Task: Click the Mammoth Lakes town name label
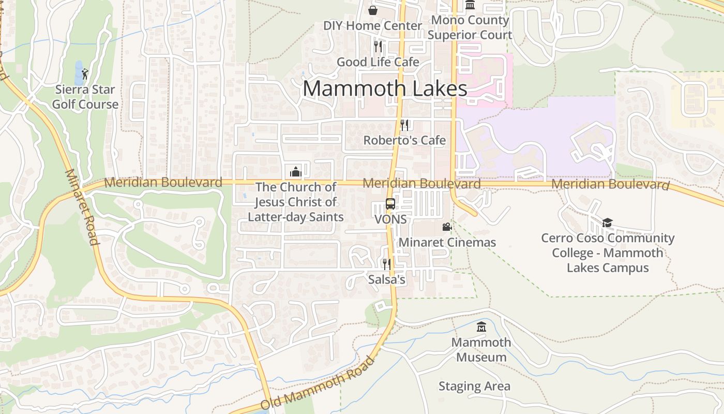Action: [x=385, y=88]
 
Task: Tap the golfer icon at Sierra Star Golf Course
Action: [x=85, y=74]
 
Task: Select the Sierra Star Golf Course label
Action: [x=87, y=97]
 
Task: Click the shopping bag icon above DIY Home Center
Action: [x=372, y=10]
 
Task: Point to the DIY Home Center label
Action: [x=372, y=25]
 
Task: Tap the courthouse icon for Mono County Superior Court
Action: [x=470, y=5]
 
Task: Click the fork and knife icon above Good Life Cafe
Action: [x=378, y=47]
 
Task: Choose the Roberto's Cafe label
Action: [x=404, y=140]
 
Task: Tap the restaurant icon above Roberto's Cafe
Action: [x=404, y=125]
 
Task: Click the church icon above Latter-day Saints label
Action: [x=296, y=171]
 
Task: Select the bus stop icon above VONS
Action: [x=390, y=204]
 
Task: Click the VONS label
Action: [x=390, y=219]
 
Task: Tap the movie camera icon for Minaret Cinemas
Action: [x=447, y=227]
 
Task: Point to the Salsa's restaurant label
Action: [x=386, y=279]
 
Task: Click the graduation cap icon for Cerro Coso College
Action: [x=607, y=223]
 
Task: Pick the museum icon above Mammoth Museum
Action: [x=481, y=327]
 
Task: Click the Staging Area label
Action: [x=474, y=386]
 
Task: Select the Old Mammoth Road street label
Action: [x=316, y=383]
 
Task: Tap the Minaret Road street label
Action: [x=82, y=207]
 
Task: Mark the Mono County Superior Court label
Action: [x=470, y=27]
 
